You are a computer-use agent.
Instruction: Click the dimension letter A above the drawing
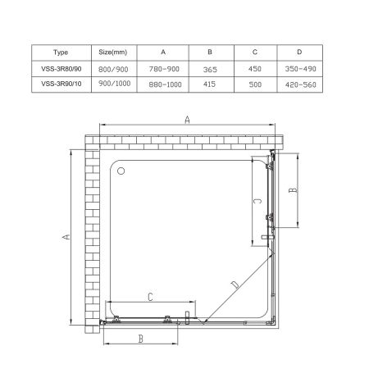pyautogui.click(x=188, y=120)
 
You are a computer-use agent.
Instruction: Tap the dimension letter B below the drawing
pyautogui.click(x=141, y=337)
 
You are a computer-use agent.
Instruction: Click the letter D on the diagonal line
pyautogui.click(x=235, y=285)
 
